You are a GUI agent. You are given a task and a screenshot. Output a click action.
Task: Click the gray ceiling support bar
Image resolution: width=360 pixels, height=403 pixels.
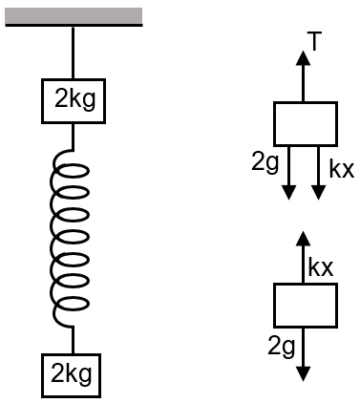click(x=74, y=16)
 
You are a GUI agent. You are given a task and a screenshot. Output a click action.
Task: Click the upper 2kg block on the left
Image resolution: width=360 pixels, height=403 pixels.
click(x=74, y=99)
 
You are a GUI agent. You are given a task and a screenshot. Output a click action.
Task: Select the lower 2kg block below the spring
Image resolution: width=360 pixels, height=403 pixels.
click(x=74, y=373)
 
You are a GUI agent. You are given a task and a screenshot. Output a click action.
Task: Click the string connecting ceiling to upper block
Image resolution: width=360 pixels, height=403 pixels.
click(x=74, y=53)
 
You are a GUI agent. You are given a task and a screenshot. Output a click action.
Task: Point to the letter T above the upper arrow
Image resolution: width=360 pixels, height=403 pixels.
click(x=312, y=38)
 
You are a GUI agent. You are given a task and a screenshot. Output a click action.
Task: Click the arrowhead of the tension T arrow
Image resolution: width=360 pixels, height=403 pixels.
click(x=304, y=55)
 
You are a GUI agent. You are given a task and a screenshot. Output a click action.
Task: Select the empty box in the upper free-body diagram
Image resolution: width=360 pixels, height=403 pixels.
click(x=306, y=123)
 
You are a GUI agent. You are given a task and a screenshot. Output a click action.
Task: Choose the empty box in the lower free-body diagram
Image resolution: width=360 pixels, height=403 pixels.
click(x=306, y=305)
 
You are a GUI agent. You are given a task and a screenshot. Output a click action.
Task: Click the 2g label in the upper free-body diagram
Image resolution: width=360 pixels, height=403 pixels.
click(x=265, y=163)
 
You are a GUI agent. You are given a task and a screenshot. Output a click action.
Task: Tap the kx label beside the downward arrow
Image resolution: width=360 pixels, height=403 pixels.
click(x=341, y=169)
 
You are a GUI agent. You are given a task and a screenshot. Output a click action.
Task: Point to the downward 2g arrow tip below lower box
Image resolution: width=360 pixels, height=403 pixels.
click(x=304, y=374)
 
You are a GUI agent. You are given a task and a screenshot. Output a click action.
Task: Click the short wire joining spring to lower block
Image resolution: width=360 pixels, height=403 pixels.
click(x=74, y=341)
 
